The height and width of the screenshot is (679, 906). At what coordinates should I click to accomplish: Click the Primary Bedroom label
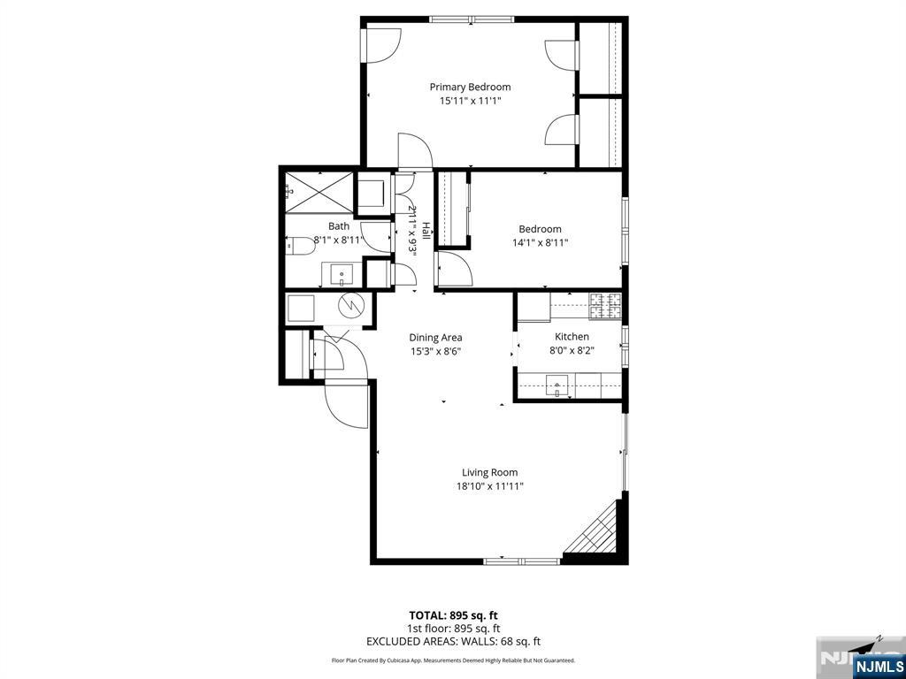(470, 87)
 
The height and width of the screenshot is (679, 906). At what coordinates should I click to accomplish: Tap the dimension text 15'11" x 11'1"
(470, 101)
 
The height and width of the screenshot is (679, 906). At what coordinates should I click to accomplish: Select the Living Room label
(489, 472)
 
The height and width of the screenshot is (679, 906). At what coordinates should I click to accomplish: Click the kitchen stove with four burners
(606, 306)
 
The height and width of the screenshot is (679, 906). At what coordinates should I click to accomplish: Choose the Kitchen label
(572, 336)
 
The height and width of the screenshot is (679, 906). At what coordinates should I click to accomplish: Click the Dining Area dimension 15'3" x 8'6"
(435, 351)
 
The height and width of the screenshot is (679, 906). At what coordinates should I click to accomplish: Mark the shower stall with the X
(317, 189)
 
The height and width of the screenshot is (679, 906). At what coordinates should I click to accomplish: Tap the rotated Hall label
(426, 231)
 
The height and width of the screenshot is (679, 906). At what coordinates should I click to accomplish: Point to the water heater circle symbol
(353, 305)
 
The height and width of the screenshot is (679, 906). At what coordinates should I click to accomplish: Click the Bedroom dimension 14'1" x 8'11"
(540, 243)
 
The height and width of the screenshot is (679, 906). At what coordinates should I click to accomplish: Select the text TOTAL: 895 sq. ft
(459, 614)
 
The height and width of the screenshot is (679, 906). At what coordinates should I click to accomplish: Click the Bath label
(339, 226)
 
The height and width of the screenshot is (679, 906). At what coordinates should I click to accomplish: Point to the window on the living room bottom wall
(522, 560)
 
